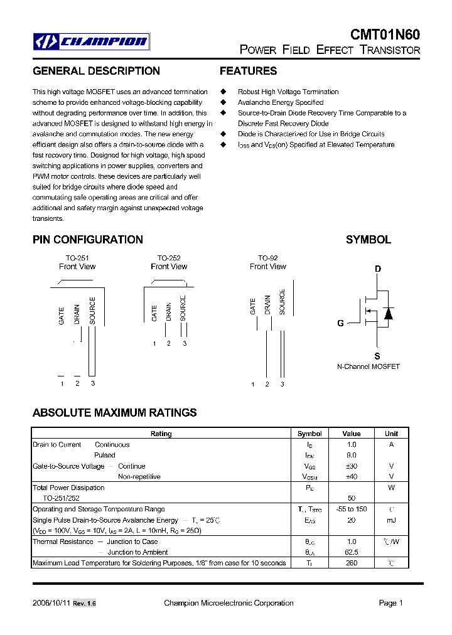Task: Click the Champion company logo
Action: click(92, 42)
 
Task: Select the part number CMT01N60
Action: click(385, 35)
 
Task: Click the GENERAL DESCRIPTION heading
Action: click(96, 72)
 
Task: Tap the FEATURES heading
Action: click(248, 72)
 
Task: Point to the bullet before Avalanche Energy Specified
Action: click(223, 102)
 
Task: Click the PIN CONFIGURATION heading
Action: click(87, 240)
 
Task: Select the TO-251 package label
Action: click(77, 258)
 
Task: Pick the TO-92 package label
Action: click(267, 258)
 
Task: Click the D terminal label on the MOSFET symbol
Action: click(378, 269)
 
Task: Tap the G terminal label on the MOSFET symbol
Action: click(340, 324)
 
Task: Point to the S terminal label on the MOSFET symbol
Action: click(377, 356)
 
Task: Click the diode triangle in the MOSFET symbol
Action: click(388, 313)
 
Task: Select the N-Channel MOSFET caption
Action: click(369, 366)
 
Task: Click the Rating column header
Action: click(161, 434)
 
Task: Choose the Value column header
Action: click(352, 434)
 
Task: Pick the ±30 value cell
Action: click(351, 466)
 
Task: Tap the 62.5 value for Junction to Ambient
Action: click(351, 552)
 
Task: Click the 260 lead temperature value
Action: click(351, 563)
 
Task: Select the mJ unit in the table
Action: click(391, 520)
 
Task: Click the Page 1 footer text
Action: click(390, 603)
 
